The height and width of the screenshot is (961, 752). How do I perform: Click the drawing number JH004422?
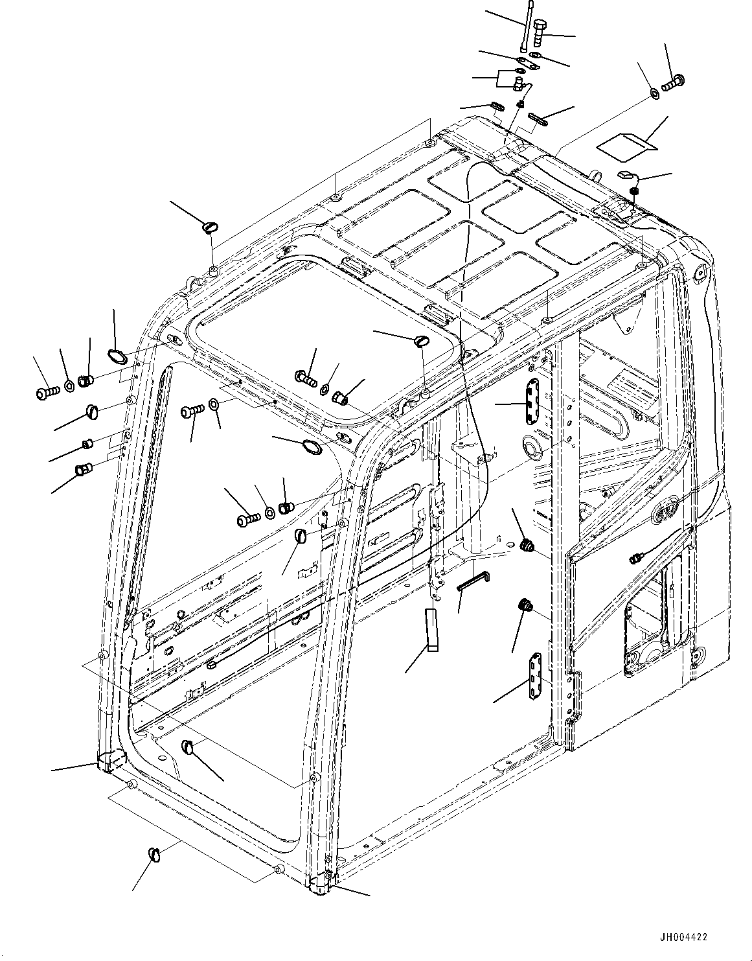684,937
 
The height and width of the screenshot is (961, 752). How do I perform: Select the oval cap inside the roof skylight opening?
421,340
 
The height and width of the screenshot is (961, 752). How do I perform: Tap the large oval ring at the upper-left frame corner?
116,356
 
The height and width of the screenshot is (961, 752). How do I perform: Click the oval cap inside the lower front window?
188,747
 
